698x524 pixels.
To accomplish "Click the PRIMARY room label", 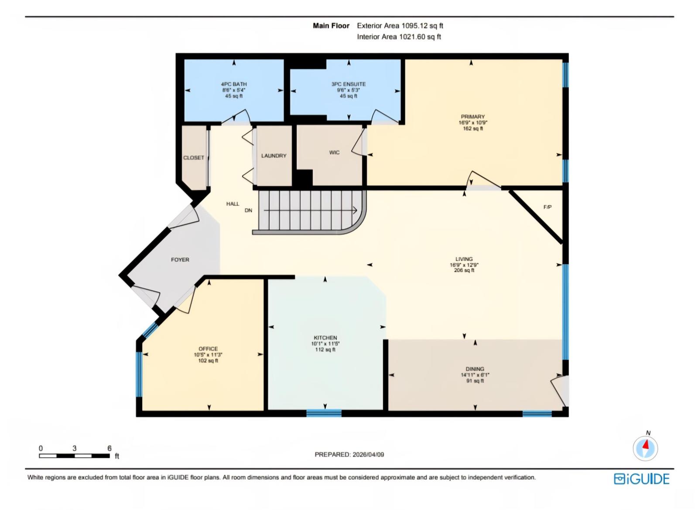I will [472, 117].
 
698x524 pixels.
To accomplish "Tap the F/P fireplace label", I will [547, 207].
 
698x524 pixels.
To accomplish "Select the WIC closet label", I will [334, 152].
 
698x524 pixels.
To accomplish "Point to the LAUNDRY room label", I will [274, 156].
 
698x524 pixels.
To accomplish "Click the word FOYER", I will [180, 260].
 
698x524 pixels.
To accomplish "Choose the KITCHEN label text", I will [325, 338].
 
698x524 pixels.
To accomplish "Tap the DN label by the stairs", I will [248, 210].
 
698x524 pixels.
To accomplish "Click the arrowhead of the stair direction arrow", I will [356, 211].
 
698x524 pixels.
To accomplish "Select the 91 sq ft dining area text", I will [475, 381].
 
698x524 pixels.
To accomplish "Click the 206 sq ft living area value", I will [464, 270].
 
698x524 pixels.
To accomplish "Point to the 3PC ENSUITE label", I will [348, 84].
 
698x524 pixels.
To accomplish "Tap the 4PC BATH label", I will [234, 84].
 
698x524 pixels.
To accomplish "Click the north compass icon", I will [645, 448].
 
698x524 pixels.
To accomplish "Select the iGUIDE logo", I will [641, 479].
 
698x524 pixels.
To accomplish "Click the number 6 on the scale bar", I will [109, 448].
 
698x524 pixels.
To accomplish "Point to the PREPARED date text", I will [349, 455].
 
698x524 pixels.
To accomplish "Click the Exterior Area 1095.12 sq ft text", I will [400, 26].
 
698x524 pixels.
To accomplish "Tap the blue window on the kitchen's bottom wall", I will [324, 413].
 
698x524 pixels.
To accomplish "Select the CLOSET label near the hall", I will [193, 158].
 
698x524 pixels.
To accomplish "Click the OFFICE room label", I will [208, 349].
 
